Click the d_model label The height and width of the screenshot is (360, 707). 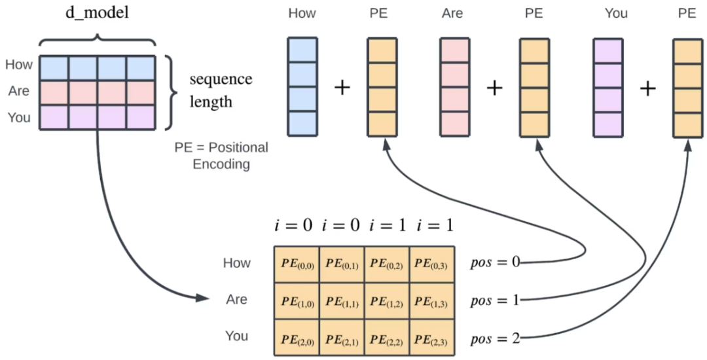pos(96,13)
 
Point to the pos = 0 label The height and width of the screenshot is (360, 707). pos(495,262)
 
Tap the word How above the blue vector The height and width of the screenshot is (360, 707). pos(302,13)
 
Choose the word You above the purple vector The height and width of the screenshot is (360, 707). pos(616,13)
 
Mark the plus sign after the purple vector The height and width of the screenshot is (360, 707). pos(647,87)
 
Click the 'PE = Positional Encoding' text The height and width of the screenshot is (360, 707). pos(221,156)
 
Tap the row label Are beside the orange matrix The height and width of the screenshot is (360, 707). pos(236,299)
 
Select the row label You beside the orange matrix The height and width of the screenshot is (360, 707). pos(236,336)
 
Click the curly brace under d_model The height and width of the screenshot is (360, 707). pos(97,41)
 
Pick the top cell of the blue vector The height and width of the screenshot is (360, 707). pos(302,50)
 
